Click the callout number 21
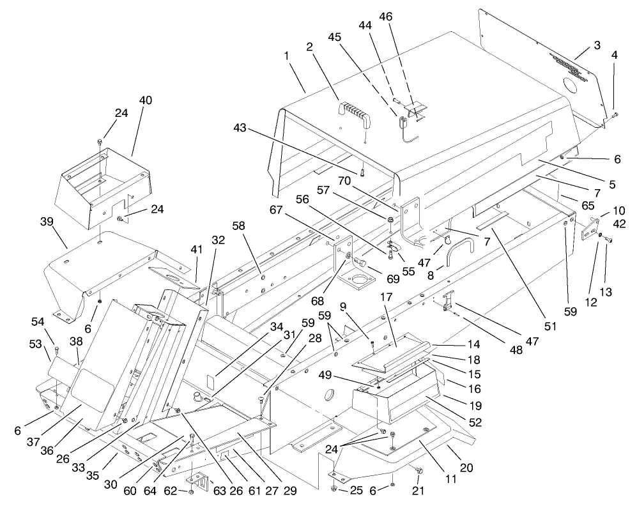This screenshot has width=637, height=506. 420,490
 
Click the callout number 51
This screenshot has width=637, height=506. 550,325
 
